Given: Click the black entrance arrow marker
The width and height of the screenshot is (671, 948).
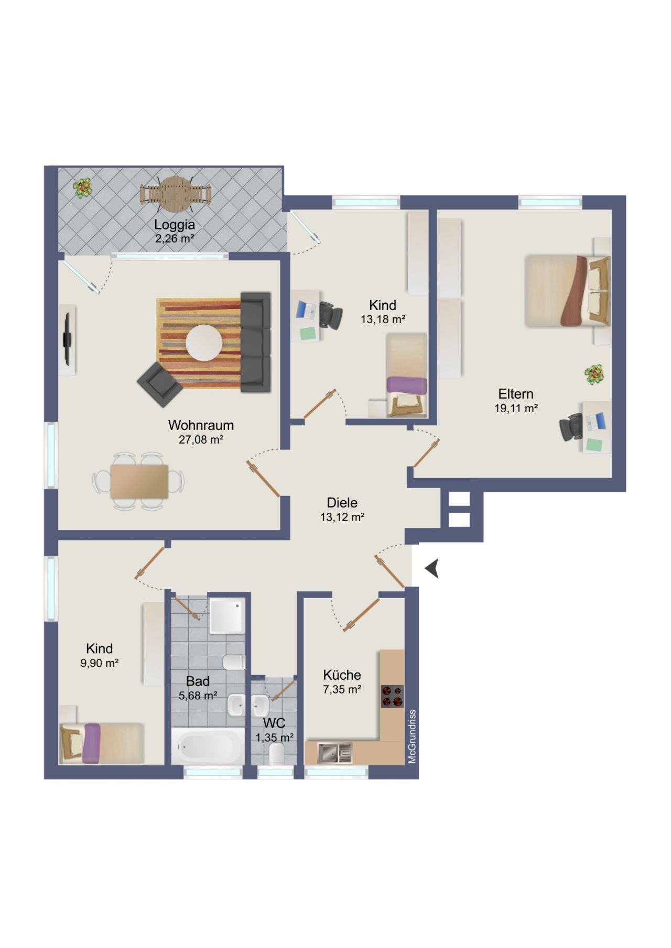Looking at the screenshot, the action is click(x=433, y=568).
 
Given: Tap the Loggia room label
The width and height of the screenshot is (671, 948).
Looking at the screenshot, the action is click(x=175, y=225).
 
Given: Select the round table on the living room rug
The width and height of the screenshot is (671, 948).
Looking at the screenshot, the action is click(x=203, y=343).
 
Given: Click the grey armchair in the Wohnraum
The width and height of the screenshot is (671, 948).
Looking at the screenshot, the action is click(x=159, y=384).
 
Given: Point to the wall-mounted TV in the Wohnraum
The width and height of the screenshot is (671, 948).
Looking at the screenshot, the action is click(x=67, y=339).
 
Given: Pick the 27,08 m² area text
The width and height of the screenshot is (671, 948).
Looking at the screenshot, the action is click(x=201, y=439).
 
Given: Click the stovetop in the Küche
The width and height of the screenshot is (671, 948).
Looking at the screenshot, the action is click(x=392, y=697).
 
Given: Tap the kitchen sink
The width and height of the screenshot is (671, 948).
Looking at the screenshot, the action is click(x=336, y=753).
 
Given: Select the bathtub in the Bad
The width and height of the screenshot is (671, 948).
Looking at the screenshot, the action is click(x=208, y=746).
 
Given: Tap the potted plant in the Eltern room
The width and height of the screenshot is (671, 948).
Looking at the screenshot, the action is click(x=594, y=375).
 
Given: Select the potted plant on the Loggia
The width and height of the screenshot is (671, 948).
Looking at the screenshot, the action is click(x=82, y=188).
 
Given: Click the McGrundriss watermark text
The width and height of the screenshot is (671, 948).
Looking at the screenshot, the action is click(x=412, y=736).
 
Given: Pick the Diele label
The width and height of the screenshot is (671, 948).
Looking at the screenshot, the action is click(x=342, y=503).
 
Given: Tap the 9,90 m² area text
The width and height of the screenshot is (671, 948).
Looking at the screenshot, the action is click(x=99, y=663).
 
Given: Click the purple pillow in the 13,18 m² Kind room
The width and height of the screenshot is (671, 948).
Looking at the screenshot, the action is click(x=407, y=385).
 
